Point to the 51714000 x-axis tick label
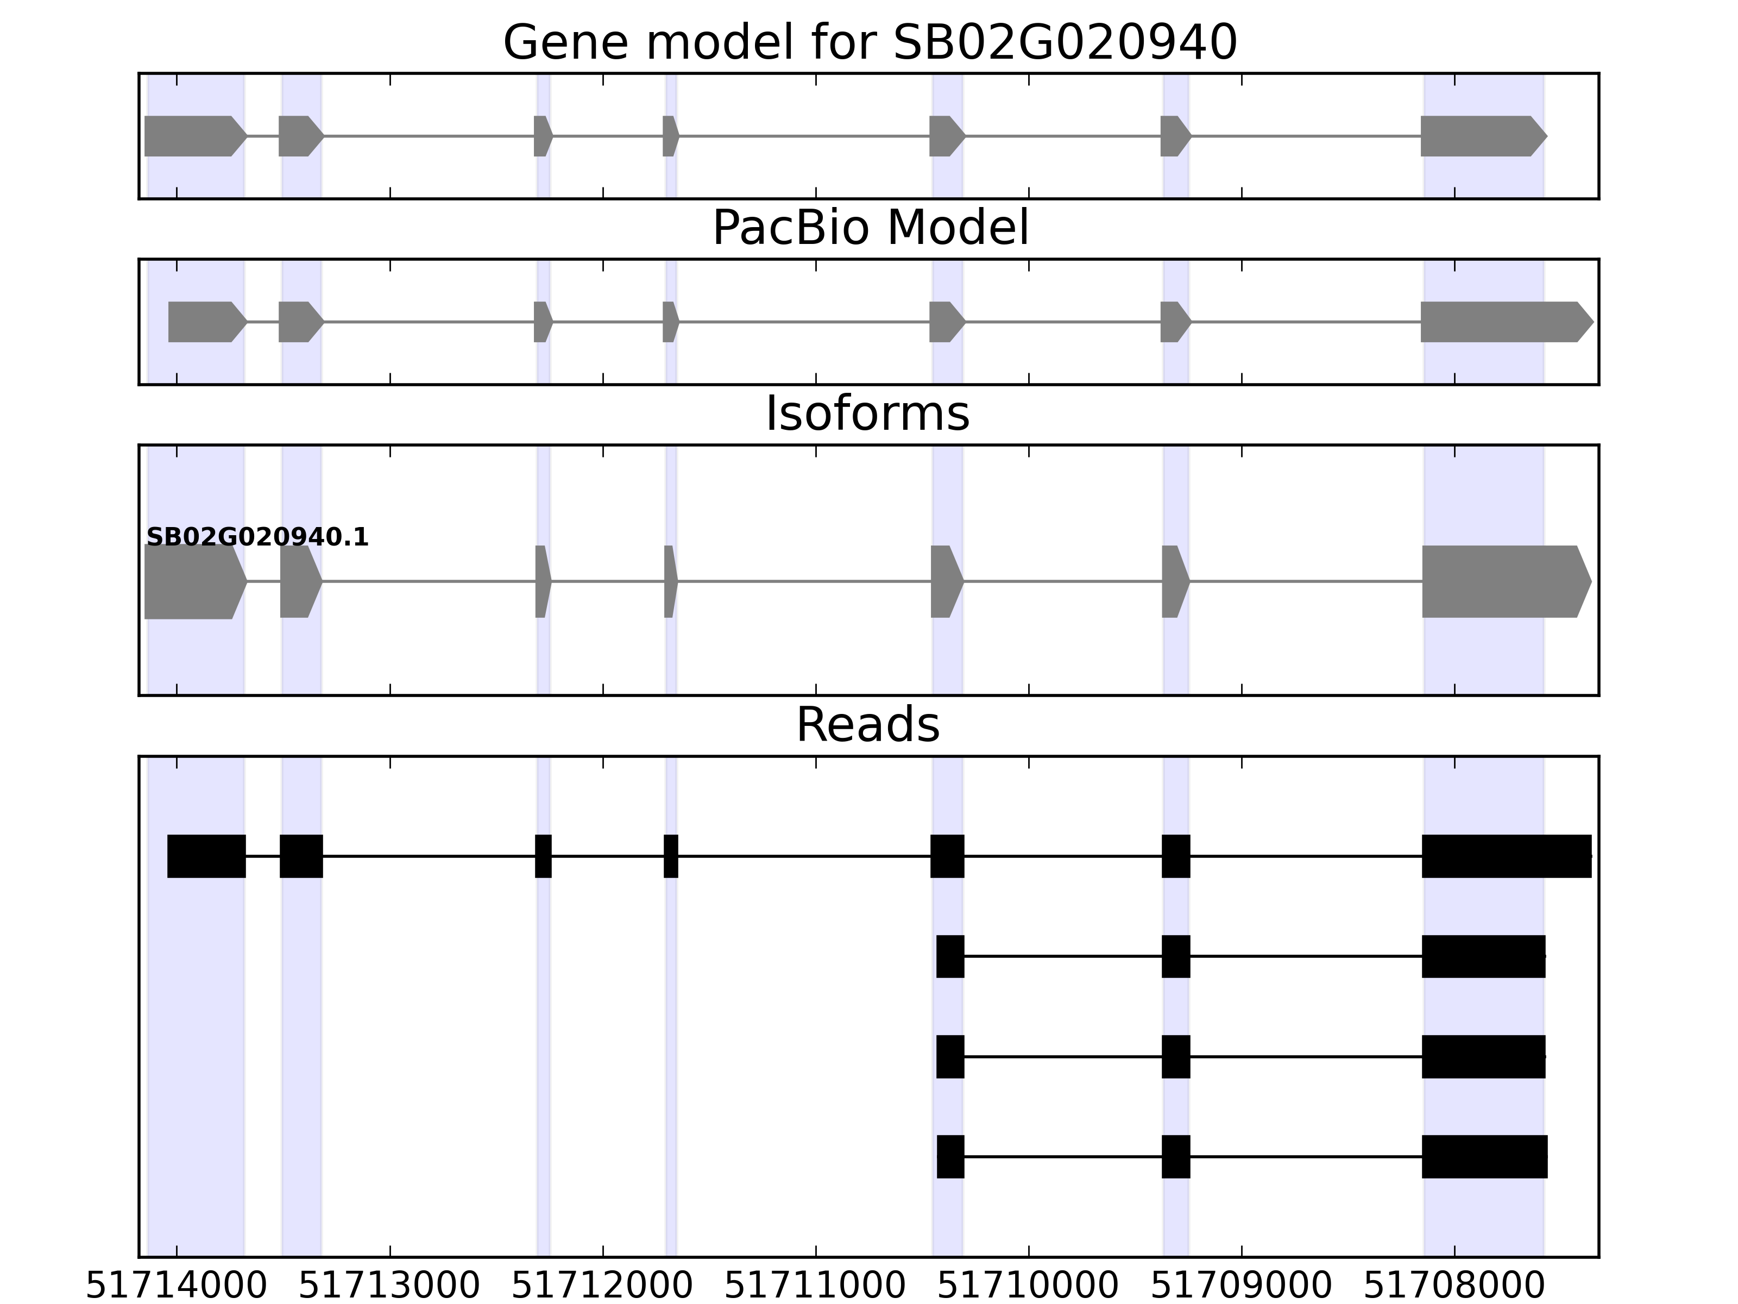click(177, 1287)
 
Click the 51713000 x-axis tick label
click(390, 1287)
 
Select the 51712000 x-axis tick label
click(603, 1287)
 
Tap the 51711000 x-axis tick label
click(816, 1287)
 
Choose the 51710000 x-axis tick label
click(1029, 1287)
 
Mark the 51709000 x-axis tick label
click(1242, 1287)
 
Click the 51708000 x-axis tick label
click(1454, 1287)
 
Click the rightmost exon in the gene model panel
click(1481, 136)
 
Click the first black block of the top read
click(206, 856)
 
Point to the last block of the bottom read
click(1484, 1157)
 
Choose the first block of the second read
click(950, 957)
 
